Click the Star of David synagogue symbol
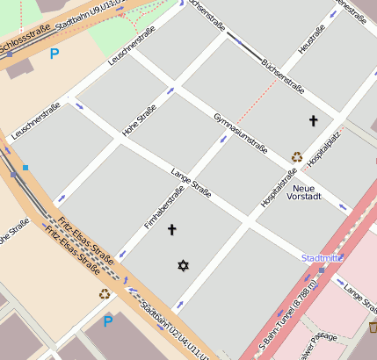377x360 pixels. pyautogui.click(x=183, y=264)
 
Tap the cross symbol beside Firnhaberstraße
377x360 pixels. pyautogui.click(x=171, y=230)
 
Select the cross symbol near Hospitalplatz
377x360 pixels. pyautogui.click(x=312, y=119)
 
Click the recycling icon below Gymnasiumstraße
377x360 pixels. pyautogui.click(x=297, y=158)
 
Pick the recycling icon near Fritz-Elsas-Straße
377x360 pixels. pyautogui.click(x=105, y=294)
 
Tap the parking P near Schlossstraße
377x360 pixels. pyautogui.click(x=54, y=54)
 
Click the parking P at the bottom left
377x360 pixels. pyautogui.click(x=107, y=321)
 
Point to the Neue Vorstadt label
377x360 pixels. pyautogui.click(x=304, y=192)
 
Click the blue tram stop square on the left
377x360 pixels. pyautogui.click(x=25, y=167)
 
